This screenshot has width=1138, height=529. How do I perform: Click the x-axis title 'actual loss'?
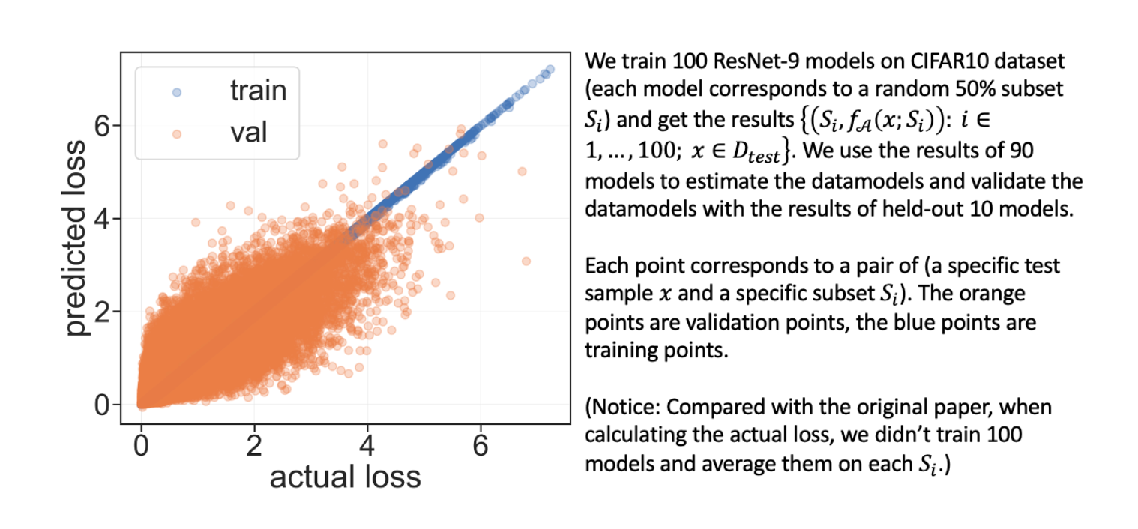(x=345, y=477)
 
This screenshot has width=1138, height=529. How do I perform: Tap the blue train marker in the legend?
(x=176, y=92)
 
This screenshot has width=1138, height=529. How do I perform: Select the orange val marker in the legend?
(x=176, y=133)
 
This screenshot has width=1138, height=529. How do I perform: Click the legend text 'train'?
(x=258, y=91)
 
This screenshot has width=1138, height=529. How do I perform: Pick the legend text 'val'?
(x=249, y=133)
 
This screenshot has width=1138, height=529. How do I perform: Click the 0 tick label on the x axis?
(x=141, y=445)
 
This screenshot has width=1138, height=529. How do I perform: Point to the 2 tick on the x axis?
(x=254, y=445)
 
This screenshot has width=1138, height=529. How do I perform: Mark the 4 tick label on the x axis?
(x=367, y=445)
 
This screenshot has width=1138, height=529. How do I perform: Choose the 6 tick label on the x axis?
(x=481, y=445)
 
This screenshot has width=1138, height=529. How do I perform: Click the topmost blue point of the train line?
(x=550, y=69)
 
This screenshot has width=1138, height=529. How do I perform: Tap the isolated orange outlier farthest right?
(x=526, y=261)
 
